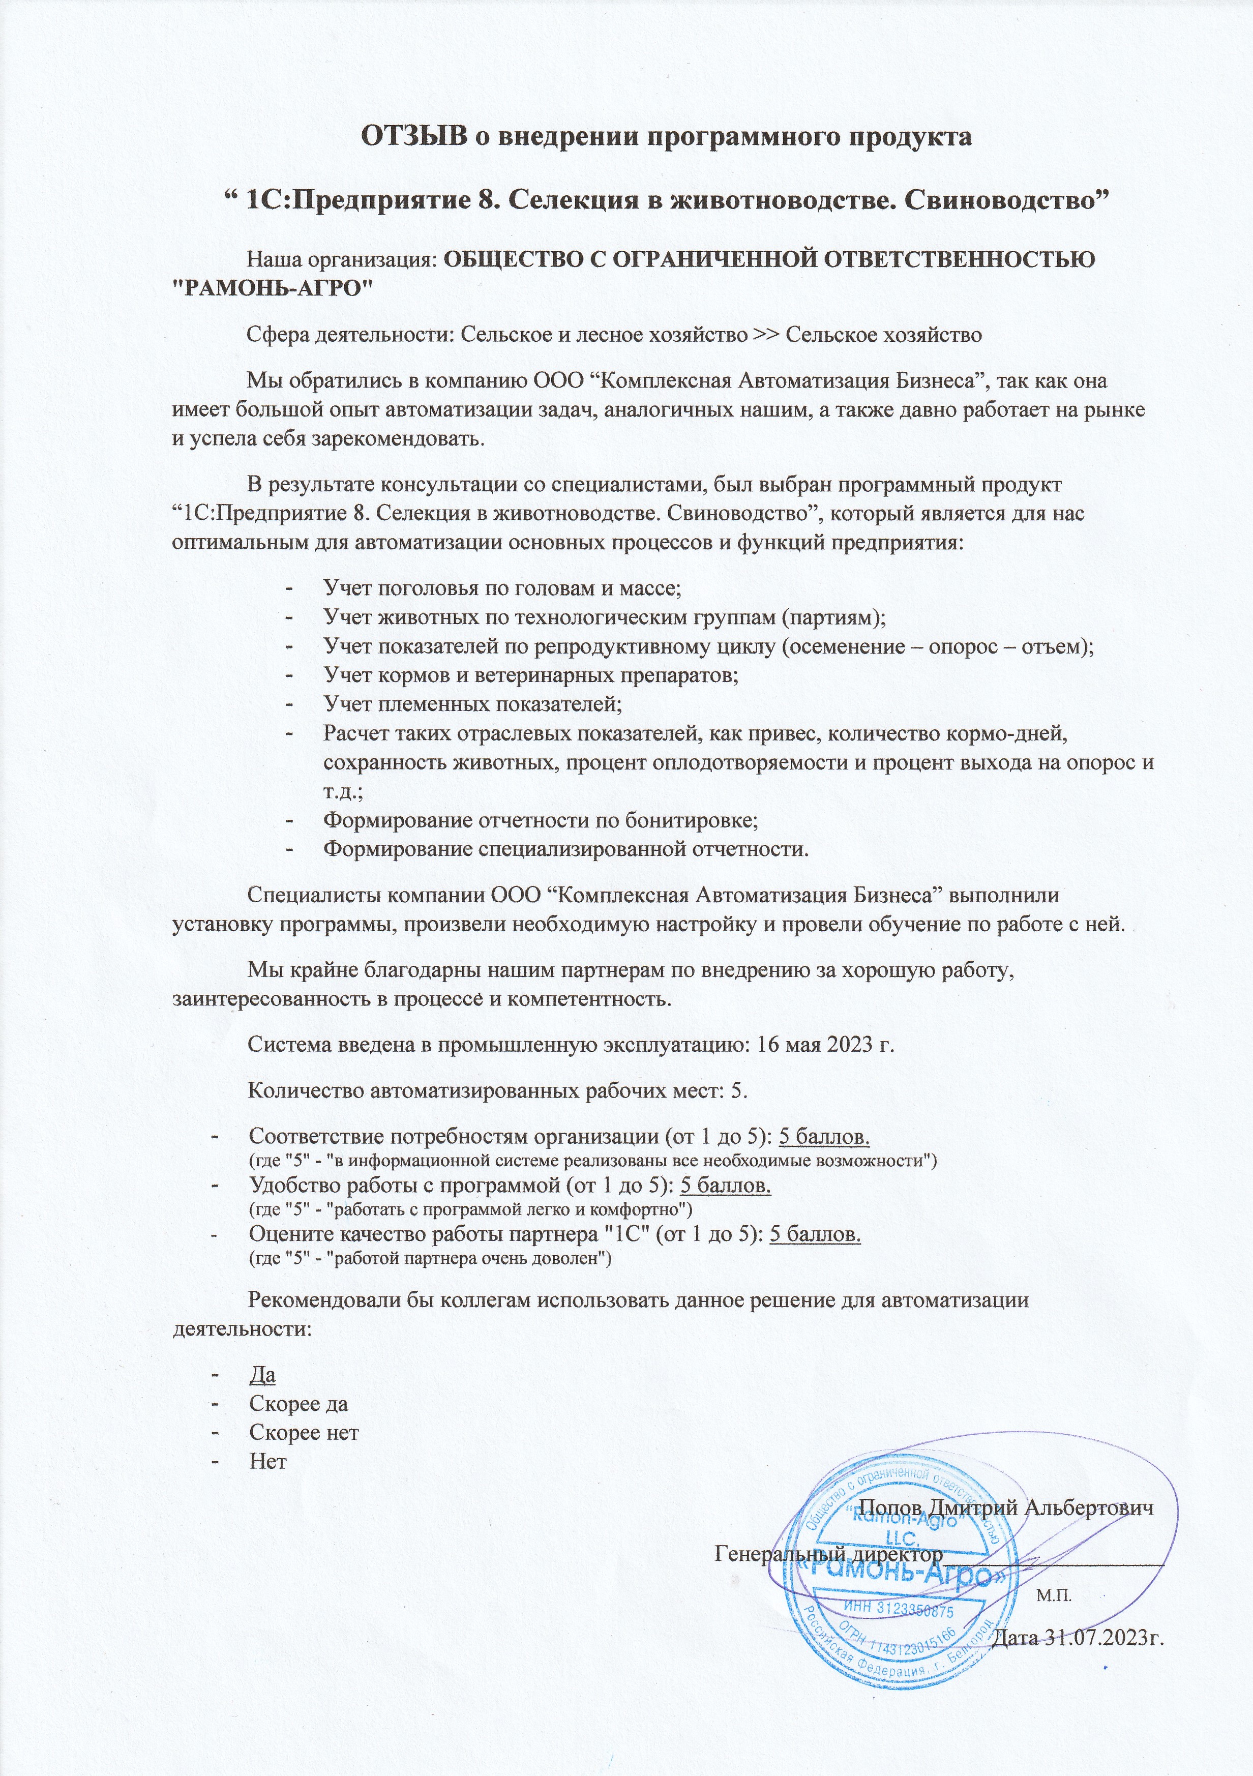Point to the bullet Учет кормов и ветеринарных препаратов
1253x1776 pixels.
click(x=530, y=675)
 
